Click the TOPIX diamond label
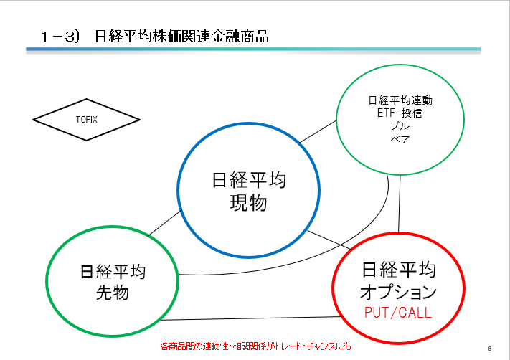87,120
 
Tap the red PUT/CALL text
398,313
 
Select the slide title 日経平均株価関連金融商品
181,36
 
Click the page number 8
489,349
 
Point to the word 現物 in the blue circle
248,203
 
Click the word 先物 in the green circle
113,293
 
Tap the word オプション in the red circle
398,291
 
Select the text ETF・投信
400,113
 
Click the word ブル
400,125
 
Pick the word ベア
400,139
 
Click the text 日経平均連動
400,100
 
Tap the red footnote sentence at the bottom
255,346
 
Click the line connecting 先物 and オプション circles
252,318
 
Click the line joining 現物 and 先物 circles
164,223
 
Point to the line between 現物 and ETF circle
318,132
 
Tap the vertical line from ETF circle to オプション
400,204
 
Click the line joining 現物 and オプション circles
330,240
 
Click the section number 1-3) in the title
60,37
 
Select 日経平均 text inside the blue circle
249,180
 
